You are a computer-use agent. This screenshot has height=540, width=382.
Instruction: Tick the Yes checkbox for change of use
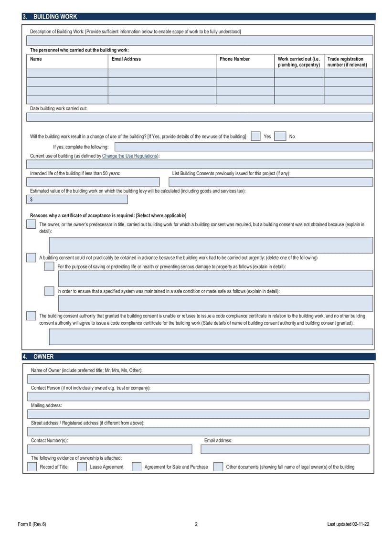256,136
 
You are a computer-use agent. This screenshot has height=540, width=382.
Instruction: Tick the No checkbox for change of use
280,136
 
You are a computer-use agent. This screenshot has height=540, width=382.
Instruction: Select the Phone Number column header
234,59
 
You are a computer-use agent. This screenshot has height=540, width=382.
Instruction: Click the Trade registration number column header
347,62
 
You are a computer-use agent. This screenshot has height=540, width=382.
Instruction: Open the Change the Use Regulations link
129,156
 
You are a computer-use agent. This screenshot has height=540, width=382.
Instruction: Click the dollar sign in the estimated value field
32,200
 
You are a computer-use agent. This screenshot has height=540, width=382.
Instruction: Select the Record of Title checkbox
32,466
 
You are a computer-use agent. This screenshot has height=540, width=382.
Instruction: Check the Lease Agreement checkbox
82,466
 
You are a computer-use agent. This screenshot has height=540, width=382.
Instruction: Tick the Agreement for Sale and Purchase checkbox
137,466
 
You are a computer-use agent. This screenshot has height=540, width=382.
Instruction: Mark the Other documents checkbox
218,466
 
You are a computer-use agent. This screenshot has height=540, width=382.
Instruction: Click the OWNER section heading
43,357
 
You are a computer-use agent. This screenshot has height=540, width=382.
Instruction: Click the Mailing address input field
198,414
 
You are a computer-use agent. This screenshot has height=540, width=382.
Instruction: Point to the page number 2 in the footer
196,524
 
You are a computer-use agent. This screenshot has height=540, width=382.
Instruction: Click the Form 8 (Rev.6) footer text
32,524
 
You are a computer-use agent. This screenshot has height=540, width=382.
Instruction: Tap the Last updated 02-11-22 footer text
348,524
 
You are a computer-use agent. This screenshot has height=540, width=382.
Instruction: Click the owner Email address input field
285,449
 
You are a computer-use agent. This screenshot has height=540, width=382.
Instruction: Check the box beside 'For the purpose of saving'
49,266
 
